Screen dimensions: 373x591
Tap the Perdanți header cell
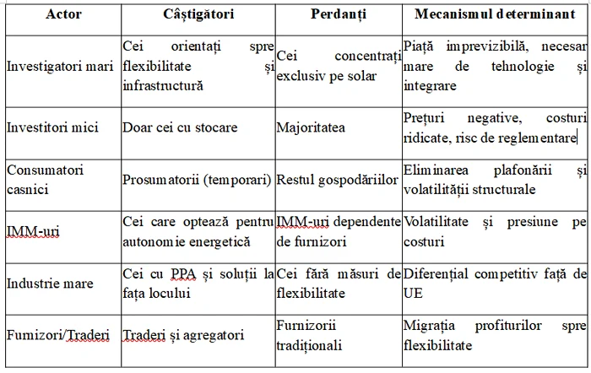(338, 15)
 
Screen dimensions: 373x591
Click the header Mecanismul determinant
(496, 15)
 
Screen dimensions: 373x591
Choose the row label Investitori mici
(52, 128)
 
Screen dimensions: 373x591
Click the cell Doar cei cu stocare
(180, 128)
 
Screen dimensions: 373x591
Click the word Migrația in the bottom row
(431, 326)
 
